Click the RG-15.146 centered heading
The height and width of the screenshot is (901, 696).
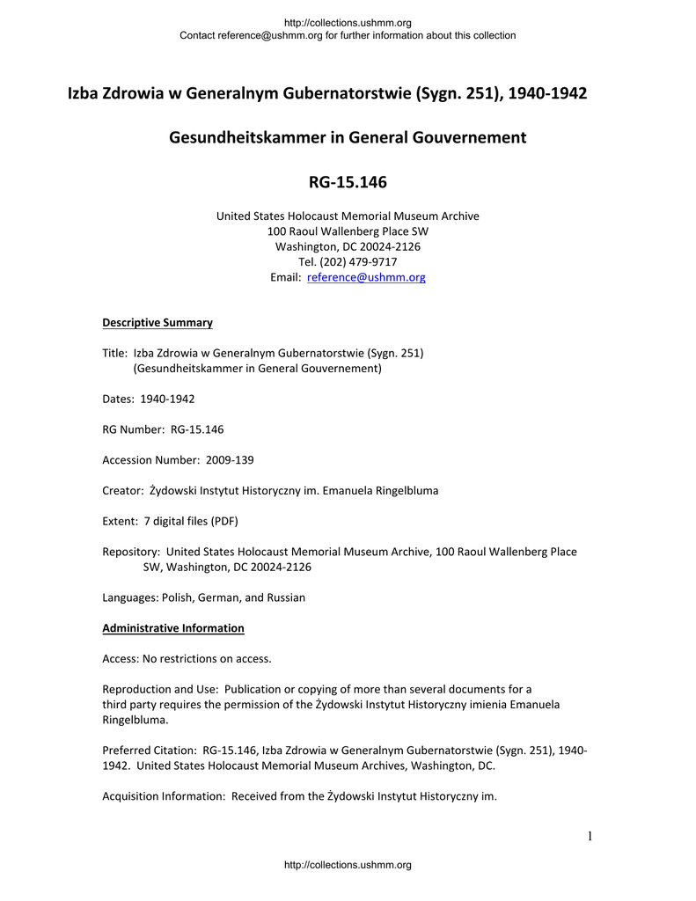pyautogui.click(x=348, y=183)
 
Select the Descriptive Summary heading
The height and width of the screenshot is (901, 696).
pyautogui.click(x=158, y=323)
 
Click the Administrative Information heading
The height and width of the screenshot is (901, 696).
pyautogui.click(x=173, y=628)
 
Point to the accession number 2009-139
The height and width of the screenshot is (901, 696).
pyautogui.click(x=230, y=460)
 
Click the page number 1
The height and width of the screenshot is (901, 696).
pyautogui.click(x=590, y=836)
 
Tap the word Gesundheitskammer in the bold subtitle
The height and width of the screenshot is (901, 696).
pyautogui.click(x=255, y=138)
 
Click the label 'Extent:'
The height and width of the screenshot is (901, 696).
pyautogui.click(x=121, y=521)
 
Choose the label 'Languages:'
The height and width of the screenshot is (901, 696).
pyautogui.click(x=129, y=597)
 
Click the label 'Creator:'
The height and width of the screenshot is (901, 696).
pyautogui.click(x=123, y=490)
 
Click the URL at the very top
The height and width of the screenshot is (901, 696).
pyautogui.click(x=348, y=22)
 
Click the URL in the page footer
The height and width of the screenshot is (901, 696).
pyautogui.click(x=348, y=865)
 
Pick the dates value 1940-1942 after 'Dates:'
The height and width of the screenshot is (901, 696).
pyautogui.click(x=167, y=399)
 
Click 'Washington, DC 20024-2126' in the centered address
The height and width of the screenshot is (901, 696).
pyautogui.click(x=348, y=246)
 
